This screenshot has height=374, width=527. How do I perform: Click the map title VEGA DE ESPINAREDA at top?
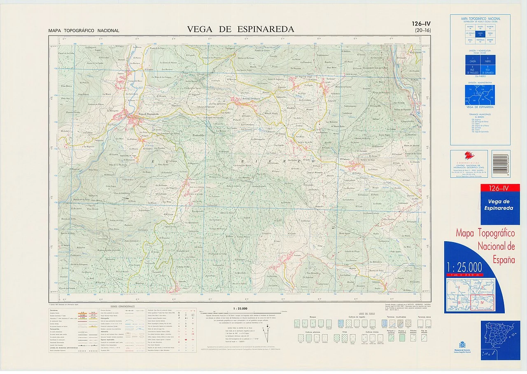[x=240, y=29]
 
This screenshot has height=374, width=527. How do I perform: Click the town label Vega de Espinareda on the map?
[x=147, y=114]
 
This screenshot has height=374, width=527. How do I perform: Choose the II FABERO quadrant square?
[x=488, y=60]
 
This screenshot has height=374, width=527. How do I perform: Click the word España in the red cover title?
[x=504, y=260]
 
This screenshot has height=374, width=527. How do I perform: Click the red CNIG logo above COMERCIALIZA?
[x=469, y=155]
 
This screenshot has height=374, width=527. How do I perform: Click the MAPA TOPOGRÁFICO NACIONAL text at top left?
[x=84, y=31]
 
